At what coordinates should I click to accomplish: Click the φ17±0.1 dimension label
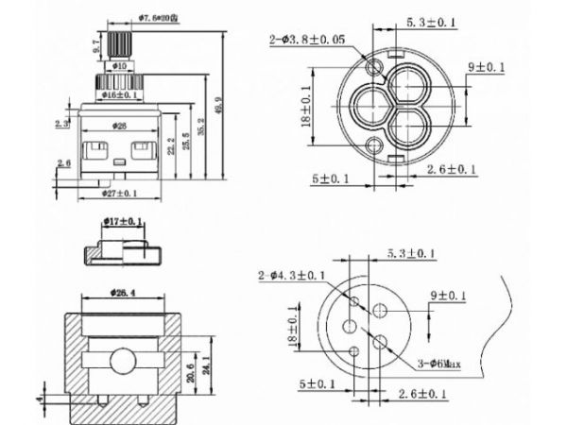click(x=123, y=222)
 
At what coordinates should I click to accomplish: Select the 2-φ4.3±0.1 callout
click(x=293, y=275)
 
